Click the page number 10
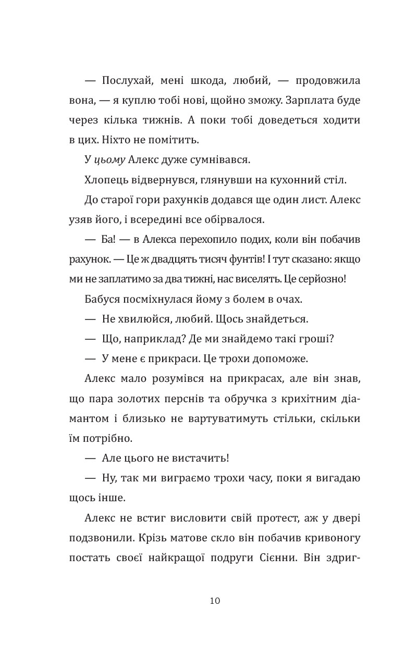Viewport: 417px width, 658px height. [215, 601]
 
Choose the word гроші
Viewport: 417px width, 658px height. [316, 339]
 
